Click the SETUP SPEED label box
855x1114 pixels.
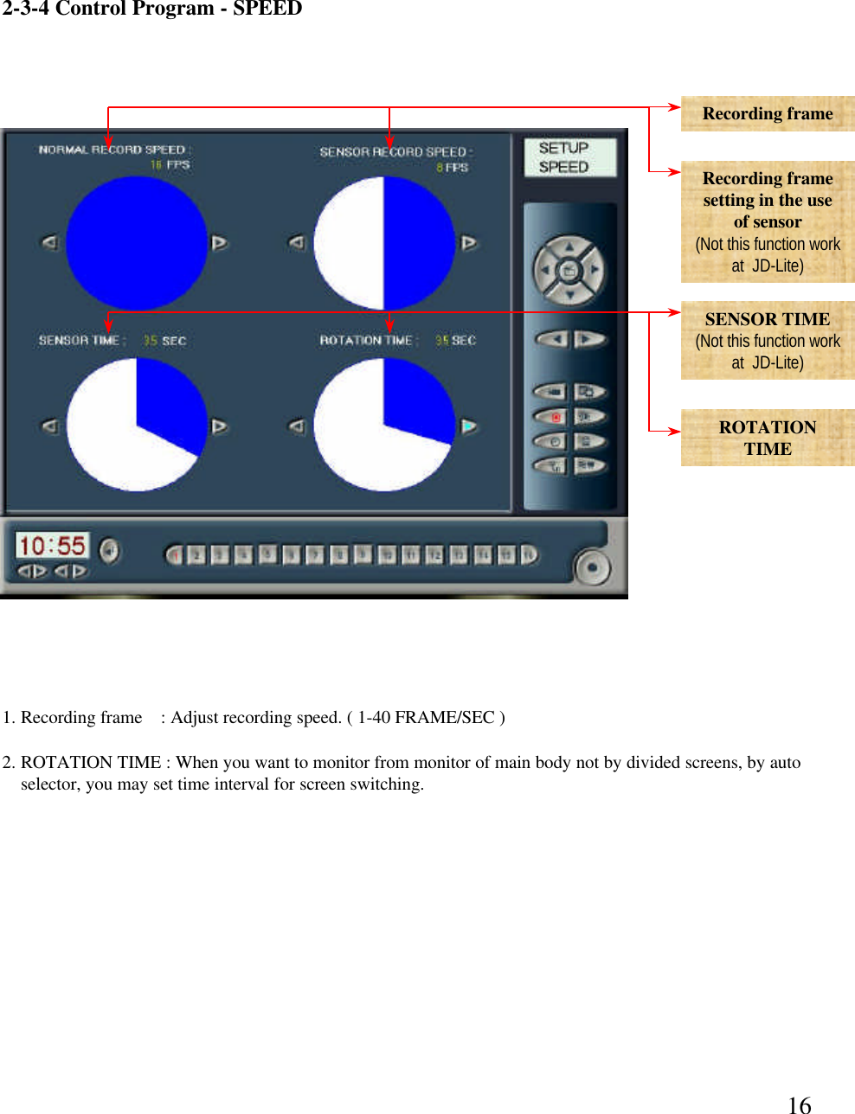click(x=569, y=157)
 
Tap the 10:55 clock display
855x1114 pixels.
click(x=52, y=546)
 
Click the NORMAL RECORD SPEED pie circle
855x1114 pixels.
click(x=136, y=243)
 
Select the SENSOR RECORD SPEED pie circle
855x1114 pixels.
click(x=384, y=243)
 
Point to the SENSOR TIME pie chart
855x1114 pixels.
click(x=136, y=425)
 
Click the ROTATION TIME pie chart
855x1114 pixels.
click(x=384, y=425)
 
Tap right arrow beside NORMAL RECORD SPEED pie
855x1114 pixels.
click(x=220, y=243)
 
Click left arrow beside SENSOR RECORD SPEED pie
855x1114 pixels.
click(x=297, y=243)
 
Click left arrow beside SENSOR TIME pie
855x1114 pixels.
click(x=50, y=426)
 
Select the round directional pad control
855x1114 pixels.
click(x=569, y=271)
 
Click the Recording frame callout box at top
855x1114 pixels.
click(x=767, y=113)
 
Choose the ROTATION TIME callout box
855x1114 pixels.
click(x=767, y=438)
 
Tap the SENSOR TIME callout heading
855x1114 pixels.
click(x=767, y=319)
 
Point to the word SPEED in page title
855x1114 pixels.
click(x=267, y=10)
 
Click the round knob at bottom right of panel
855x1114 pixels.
click(x=592, y=567)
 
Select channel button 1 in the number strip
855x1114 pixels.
click(x=176, y=554)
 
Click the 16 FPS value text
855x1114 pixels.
click(x=170, y=164)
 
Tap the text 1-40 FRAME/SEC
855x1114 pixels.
click(x=426, y=717)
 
